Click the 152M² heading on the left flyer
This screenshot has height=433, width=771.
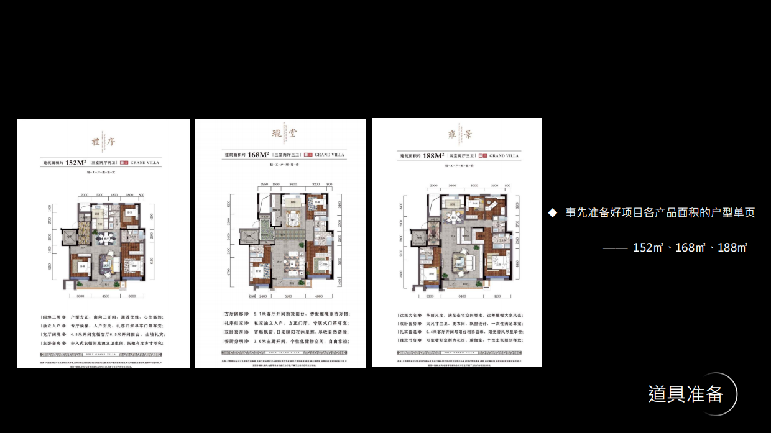[x=75, y=163]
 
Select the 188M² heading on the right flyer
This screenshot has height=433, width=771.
[x=432, y=156]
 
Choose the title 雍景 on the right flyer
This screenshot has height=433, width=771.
[x=456, y=135]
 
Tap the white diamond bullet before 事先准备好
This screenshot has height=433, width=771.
[x=552, y=212]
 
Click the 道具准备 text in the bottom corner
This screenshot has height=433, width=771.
[x=685, y=394]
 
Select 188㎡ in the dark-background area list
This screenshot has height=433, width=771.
[x=732, y=247]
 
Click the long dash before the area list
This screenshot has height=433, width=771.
[x=615, y=248]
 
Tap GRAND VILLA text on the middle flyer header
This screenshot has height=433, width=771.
[x=330, y=155]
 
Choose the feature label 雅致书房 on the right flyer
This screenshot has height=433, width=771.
[x=408, y=341]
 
